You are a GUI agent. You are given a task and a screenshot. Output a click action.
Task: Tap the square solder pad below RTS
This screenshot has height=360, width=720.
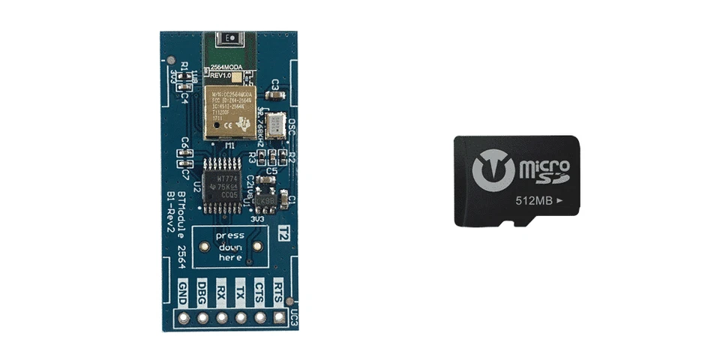[280, 317]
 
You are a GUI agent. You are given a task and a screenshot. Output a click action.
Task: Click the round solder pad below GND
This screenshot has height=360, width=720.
[183, 317]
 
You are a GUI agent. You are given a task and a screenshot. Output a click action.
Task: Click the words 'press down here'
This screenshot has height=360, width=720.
[229, 246]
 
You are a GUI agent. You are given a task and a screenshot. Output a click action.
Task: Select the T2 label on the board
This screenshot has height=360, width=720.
[283, 233]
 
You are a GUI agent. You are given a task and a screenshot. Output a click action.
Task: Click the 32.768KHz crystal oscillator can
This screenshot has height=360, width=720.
[277, 124]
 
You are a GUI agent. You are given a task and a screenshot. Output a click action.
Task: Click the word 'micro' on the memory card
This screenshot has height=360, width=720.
[544, 164]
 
